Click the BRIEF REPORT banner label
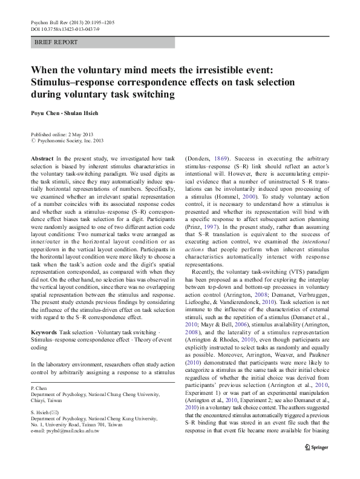(56, 42)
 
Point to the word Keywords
(44, 334)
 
